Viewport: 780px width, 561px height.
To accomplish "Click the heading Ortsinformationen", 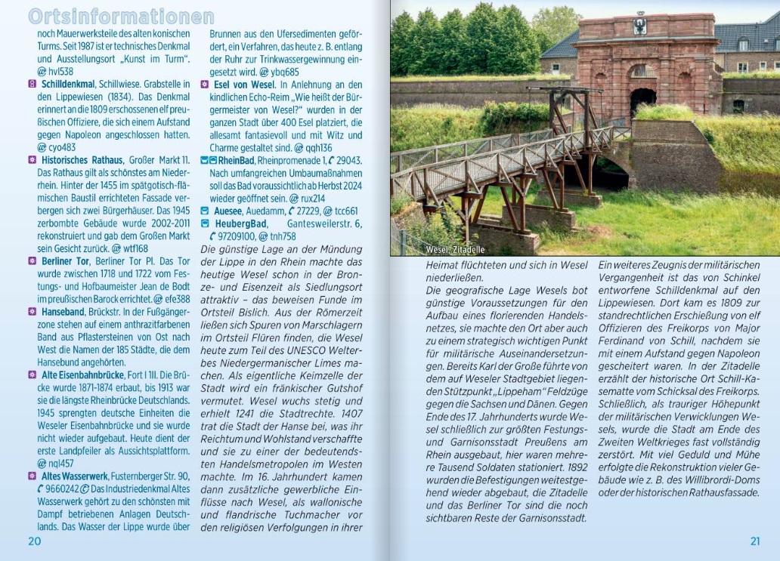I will click(121, 17).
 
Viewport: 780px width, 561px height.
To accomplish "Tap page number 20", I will click(35, 541).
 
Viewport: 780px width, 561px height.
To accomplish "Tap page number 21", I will click(754, 541).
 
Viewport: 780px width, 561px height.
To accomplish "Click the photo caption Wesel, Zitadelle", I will click(455, 249).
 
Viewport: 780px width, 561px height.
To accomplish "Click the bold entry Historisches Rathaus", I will click(82, 160).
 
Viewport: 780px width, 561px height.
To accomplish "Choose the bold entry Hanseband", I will click(63, 311).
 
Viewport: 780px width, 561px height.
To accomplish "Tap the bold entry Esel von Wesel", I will click(244, 85).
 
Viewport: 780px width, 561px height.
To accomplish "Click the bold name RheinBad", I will click(237, 161).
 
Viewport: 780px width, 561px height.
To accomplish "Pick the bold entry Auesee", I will click(227, 211).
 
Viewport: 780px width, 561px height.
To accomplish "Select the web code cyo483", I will click(63, 147).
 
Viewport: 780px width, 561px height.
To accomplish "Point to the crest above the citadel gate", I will click(640, 26).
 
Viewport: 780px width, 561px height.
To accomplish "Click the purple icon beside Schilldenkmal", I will click(32, 84).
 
